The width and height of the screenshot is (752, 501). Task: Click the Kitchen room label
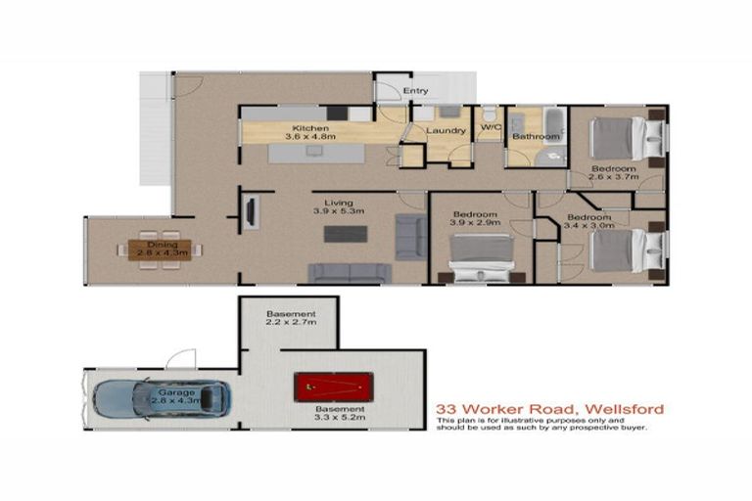(309, 129)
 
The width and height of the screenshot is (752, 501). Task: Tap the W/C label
(490, 127)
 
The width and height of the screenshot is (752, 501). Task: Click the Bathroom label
(536, 137)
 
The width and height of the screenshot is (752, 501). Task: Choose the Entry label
(416, 91)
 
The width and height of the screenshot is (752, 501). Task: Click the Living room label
(339, 202)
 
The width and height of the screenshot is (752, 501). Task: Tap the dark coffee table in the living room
(346, 234)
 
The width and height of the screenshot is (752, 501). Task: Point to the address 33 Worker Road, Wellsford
(538, 409)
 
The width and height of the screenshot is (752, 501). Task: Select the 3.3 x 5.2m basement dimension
(339, 419)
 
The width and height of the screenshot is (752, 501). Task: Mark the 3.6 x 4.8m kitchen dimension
(309, 138)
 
